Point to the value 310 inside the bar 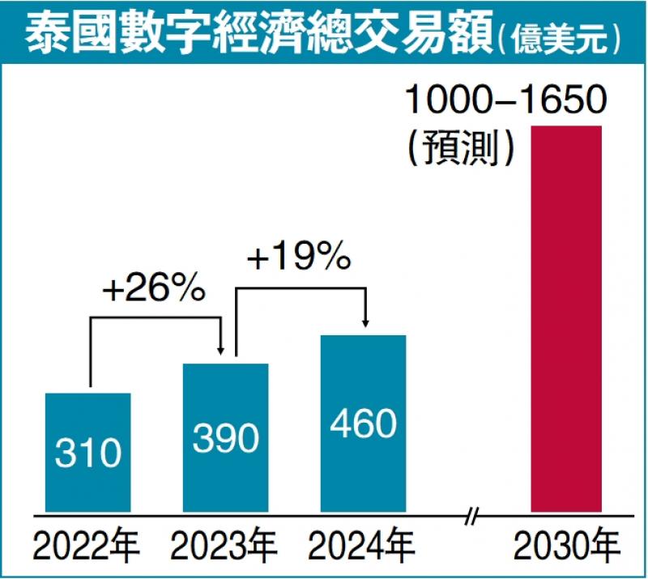click(87, 453)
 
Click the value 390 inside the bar click(225, 438)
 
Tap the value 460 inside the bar click(363, 424)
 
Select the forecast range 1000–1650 click(505, 103)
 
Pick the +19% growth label click(299, 259)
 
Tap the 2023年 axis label click(225, 549)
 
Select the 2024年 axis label click(363, 549)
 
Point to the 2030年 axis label click(565, 549)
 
